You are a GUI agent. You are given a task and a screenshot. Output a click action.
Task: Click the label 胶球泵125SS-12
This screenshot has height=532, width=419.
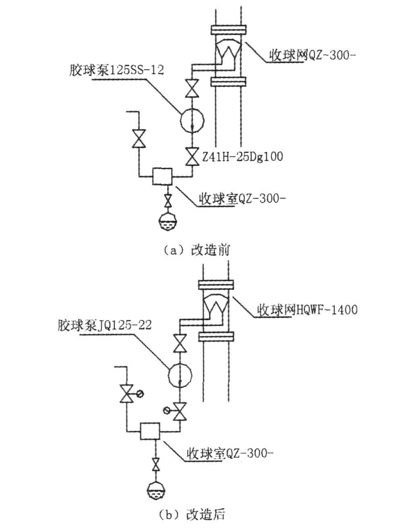(x=116, y=70)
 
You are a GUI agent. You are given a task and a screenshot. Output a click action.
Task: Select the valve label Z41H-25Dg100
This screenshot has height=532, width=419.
(x=242, y=156)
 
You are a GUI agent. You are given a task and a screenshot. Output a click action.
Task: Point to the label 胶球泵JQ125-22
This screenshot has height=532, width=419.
(x=104, y=325)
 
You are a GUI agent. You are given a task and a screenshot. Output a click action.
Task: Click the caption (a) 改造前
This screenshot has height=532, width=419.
(x=197, y=250)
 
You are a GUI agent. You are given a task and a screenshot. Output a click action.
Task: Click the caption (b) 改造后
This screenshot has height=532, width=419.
(x=192, y=515)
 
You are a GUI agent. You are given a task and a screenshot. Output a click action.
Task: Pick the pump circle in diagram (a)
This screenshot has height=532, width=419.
(x=192, y=119)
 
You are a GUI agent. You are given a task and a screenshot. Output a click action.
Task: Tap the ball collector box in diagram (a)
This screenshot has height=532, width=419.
(x=162, y=176)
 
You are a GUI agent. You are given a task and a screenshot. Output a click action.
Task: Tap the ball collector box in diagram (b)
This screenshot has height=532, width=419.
(x=150, y=431)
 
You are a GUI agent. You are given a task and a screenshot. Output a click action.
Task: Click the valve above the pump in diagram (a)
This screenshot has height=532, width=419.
(x=192, y=89)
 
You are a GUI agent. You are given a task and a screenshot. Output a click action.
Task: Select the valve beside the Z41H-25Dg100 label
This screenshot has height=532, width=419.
(x=192, y=156)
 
